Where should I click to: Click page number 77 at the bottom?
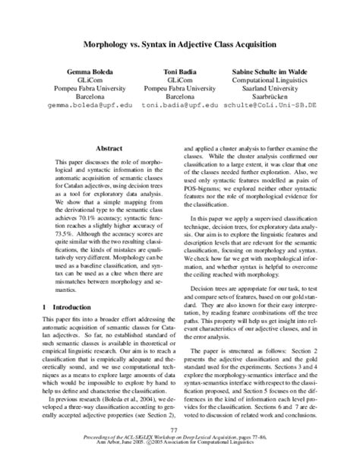point(180,431)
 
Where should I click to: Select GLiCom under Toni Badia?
point(179,79)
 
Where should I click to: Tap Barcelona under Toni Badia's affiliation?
point(179,98)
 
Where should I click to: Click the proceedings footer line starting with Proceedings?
point(180,440)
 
